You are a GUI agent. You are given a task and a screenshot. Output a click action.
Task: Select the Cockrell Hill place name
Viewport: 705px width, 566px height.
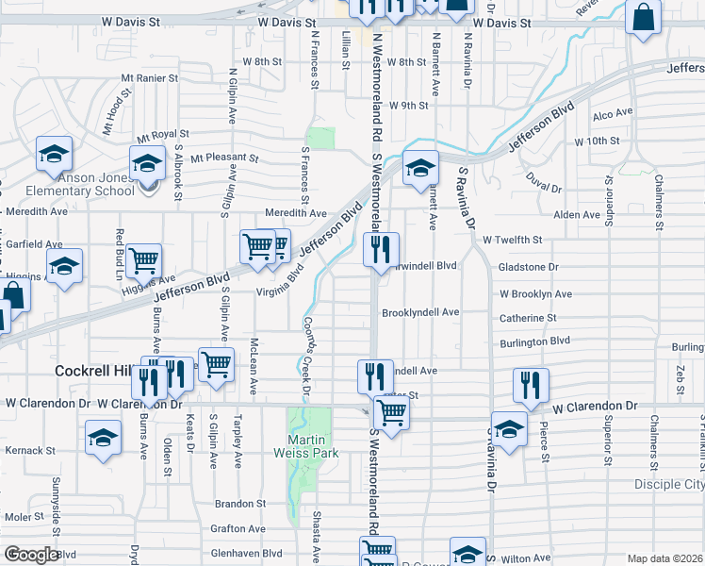[97, 371]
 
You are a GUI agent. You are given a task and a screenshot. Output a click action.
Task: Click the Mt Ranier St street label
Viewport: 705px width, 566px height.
[149, 77]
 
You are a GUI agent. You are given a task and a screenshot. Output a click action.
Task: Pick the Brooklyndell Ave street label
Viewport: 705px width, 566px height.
[419, 312]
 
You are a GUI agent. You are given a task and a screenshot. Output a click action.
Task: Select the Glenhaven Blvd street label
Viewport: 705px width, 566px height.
[249, 554]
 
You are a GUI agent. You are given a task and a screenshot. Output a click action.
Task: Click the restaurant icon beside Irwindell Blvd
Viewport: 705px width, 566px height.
[381, 250]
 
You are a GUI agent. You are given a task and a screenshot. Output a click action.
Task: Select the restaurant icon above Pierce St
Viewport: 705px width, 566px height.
[531, 385]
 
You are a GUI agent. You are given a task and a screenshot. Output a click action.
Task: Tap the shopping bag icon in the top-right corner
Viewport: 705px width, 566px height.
[642, 18]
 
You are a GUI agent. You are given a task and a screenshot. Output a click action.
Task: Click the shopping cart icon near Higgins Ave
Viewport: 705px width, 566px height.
[143, 259]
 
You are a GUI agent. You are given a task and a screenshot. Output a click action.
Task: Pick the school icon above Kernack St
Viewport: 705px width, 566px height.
[103, 437]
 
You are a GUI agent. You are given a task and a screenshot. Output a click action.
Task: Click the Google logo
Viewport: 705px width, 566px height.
[31, 555]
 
